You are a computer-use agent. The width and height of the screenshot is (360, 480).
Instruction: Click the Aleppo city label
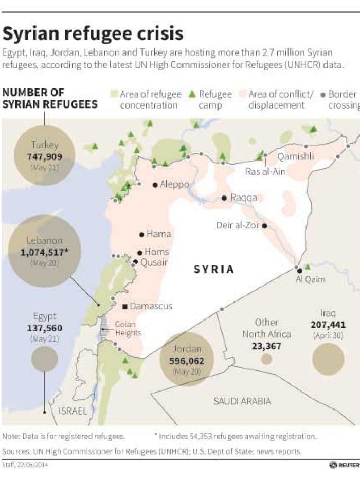coord(174,184)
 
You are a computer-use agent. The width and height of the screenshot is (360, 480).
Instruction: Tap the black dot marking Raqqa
coord(224,198)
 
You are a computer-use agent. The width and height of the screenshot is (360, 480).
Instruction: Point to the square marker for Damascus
coord(124,307)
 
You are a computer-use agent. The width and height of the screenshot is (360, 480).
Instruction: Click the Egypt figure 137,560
coord(45,328)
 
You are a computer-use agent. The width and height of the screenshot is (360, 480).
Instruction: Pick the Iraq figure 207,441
coord(328,325)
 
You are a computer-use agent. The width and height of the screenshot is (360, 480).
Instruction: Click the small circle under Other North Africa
coord(266,360)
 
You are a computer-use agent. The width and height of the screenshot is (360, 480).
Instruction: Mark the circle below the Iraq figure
coord(328,359)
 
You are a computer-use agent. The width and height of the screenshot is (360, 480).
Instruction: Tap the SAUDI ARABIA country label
coord(242,401)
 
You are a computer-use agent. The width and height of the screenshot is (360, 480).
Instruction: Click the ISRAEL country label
coord(73,411)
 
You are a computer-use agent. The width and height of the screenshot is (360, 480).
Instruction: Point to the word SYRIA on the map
coord(214,269)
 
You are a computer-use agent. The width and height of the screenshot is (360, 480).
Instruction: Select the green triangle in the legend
coord(192,94)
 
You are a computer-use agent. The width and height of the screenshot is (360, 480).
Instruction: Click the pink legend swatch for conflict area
coord(242,94)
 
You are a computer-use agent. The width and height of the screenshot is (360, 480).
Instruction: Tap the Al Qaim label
coord(311,280)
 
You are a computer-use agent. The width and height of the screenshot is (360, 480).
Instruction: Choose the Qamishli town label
coord(295,156)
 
